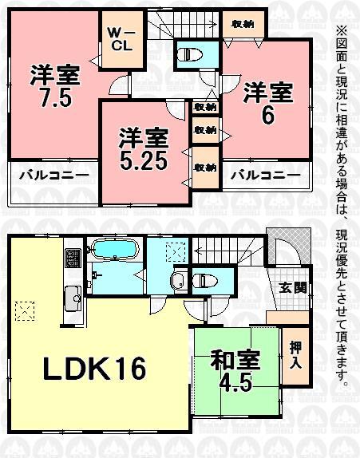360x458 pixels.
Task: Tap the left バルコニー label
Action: pos(45,174)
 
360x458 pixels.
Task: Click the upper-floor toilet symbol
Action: pos(189,55)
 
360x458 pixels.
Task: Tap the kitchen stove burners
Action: pos(72,258)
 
